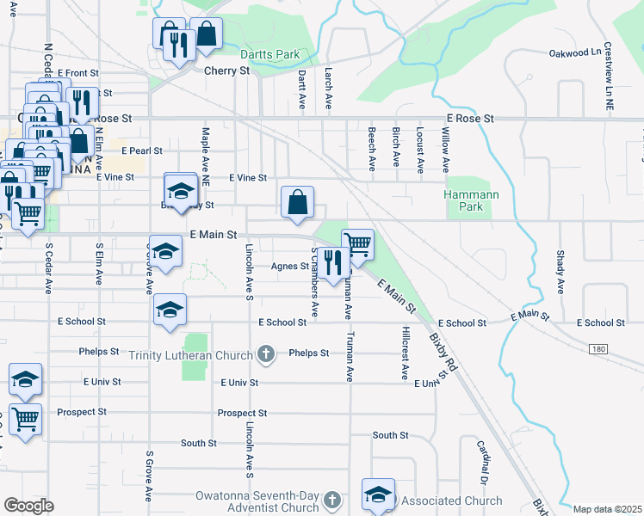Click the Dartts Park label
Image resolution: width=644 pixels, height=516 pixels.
(x=269, y=54)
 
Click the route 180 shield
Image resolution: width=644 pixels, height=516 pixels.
(x=598, y=348)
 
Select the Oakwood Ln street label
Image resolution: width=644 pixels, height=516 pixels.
(x=575, y=52)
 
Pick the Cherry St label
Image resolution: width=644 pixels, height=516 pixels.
(x=226, y=71)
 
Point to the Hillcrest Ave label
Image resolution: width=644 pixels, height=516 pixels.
(x=405, y=353)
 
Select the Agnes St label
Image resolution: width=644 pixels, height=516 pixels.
(x=289, y=266)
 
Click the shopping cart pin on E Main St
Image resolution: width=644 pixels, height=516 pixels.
(x=357, y=243)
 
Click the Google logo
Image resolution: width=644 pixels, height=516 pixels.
(x=29, y=506)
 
